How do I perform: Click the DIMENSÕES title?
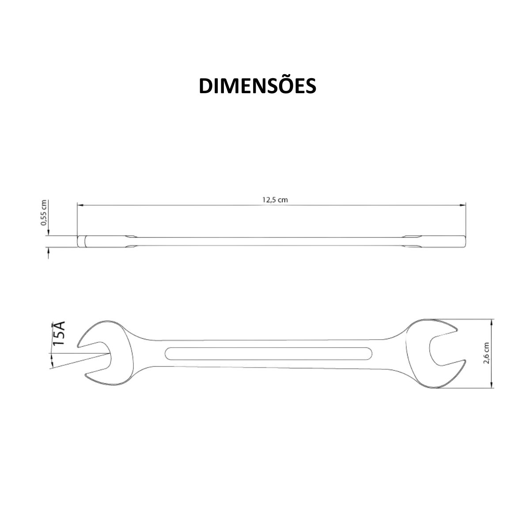257,86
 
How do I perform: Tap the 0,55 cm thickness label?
44,213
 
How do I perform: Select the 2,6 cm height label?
486,353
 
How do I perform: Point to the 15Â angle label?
59,333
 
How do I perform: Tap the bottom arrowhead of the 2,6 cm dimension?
492,386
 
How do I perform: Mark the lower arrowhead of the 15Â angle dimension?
53,364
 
